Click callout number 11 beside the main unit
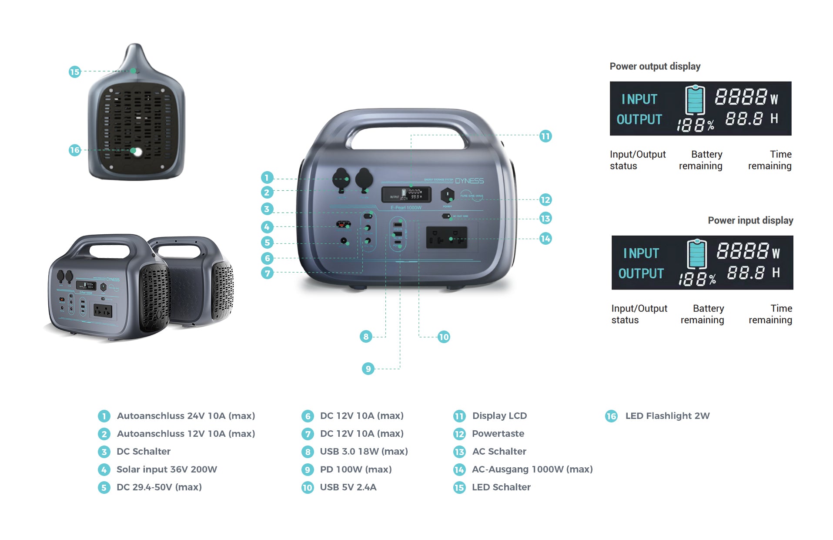(x=545, y=136)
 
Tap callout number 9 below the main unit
(x=368, y=369)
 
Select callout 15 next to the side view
(x=75, y=72)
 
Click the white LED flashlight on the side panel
(x=137, y=152)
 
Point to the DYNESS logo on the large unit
(x=469, y=181)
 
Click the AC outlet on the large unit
(x=447, y=238)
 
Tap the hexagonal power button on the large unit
(x=447, y=196)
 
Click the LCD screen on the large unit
(x=406, y=194)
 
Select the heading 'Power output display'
(x=655, y=66)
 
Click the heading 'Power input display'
(x=750, y=220)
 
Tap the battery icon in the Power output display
(x=695, y=100)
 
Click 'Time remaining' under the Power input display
(x=770, y=314)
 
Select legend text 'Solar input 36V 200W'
(x=167, y=469)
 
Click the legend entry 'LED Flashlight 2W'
(x=667, y=416)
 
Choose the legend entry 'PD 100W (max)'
(x=356, y=469)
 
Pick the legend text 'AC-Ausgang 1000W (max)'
(x=532, y=469)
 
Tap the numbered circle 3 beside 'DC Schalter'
(x=104, y=452)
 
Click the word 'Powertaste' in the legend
(x=498, y=434)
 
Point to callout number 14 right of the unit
(x=545, y=239)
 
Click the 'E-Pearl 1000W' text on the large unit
(x=406, y=208)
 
